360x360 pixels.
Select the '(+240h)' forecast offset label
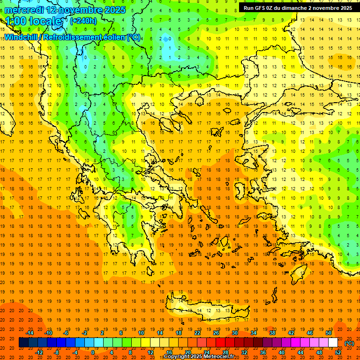tap(83, 21)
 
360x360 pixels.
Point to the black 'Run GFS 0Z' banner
tap(298, 8)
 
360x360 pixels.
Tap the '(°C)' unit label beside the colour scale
tap(349, 343)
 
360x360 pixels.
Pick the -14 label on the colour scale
tap(30, 333)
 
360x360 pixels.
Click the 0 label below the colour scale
tap(92, 352)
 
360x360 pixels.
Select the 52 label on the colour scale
tap(338, 352)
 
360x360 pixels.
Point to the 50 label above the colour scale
tap(328, 333)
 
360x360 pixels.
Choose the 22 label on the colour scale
tap(197, 333)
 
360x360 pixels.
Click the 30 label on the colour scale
tap(235, 333)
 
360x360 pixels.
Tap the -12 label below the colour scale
tap(39, 352)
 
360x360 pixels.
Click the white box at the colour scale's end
tap(333, 343)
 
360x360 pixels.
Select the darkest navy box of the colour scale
tap(23, 343)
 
